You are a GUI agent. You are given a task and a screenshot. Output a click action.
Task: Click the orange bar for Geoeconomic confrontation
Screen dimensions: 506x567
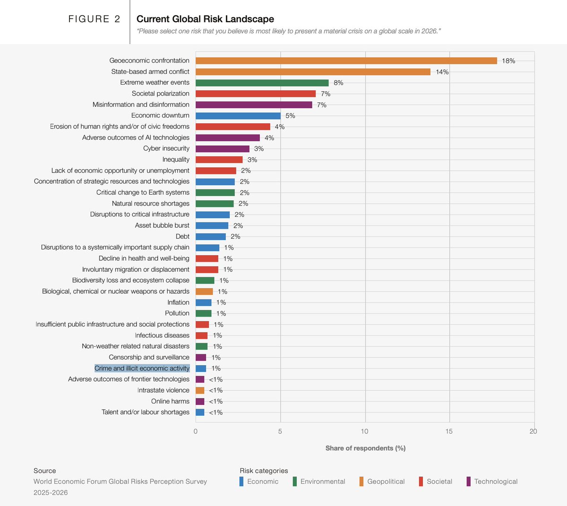(x=346, y=60)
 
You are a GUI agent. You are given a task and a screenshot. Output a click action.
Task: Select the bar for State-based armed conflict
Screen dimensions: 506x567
(x=313, y=72)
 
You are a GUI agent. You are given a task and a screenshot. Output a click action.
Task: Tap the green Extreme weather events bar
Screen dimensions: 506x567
(x=262, y=83)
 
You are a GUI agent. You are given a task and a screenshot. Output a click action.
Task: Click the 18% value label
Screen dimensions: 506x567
(x=508, y=61)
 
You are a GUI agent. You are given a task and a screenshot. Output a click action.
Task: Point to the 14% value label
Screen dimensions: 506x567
(x=442, y=72)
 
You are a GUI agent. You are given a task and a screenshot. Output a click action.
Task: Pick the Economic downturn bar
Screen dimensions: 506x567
(x=238, y=116)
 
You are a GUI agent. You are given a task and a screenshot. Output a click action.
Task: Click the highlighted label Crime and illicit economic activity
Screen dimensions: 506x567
(x=142, y=369)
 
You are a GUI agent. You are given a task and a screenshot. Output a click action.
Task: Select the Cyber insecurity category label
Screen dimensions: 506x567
(x=166, y=148)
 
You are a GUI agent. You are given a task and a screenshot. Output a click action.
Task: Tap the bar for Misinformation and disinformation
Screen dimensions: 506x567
(x=254, y=105)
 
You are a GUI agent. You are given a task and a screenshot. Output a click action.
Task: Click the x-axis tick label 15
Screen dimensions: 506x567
(x=449, y=431)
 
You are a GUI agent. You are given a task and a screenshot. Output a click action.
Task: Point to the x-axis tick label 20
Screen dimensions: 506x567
(x=533, y=431)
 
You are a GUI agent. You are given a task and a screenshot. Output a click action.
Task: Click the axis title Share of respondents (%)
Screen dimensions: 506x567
(x=365, y=448)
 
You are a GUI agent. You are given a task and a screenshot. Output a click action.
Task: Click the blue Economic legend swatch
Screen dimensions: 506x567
(x=241, y=481)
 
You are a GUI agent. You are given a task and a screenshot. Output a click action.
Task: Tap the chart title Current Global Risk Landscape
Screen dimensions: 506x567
(x=205, y=19)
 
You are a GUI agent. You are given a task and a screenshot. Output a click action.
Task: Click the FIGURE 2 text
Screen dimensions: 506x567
(x=94, y=19)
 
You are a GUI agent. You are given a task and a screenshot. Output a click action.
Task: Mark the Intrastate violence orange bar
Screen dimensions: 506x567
(x=200, y=390)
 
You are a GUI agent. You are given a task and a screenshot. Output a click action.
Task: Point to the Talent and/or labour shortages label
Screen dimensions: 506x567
(x=146, y=412)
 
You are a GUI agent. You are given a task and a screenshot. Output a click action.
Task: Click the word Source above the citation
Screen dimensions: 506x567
(x=44, y=471)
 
